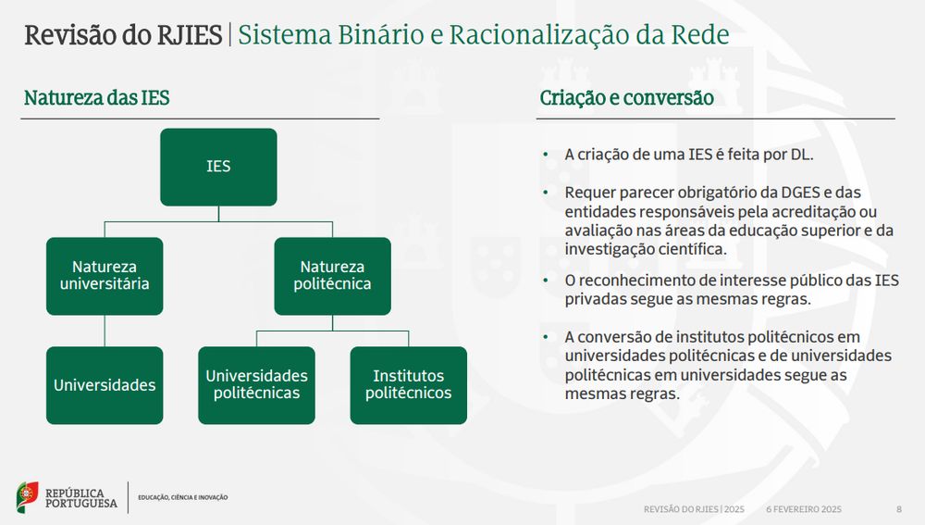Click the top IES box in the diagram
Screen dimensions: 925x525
[x=218, y=167]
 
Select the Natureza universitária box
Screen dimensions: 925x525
[x=105, y=276]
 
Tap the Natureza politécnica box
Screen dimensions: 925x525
[x=332, y=276]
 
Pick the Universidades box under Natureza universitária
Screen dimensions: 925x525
[x=105, y=385]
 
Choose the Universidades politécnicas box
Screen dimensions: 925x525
[x=256, y=385]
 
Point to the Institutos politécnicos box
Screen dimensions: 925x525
[x=408, y=385]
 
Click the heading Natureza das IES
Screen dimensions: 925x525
[x=97, y=98]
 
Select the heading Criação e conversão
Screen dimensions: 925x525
[x=626, y=98]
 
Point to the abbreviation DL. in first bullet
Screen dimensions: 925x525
[x=802, y=155]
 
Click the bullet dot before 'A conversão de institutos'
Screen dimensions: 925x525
[x=546, y=337]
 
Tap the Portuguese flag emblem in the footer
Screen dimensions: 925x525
[x=27, y=497]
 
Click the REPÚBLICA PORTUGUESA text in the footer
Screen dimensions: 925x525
[x=80, y=498]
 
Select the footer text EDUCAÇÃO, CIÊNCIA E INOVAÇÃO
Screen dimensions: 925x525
[x=183, y=497]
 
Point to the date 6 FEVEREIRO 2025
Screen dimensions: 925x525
[x=804, y=509]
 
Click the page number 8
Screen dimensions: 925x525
[x=899, y=509]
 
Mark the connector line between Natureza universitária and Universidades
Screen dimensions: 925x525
[x=105, y=331]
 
